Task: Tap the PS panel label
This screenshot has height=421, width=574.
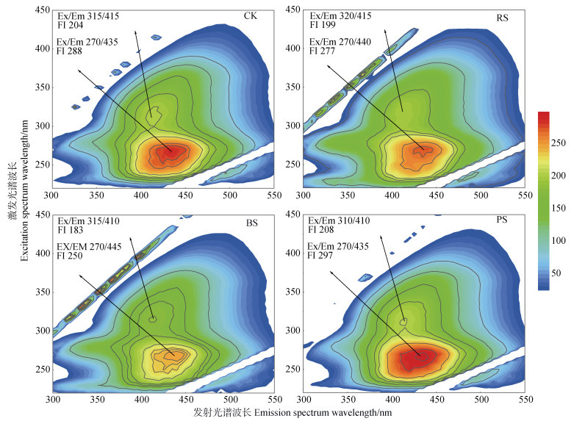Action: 503,223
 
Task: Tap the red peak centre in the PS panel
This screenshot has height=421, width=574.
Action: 420,356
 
